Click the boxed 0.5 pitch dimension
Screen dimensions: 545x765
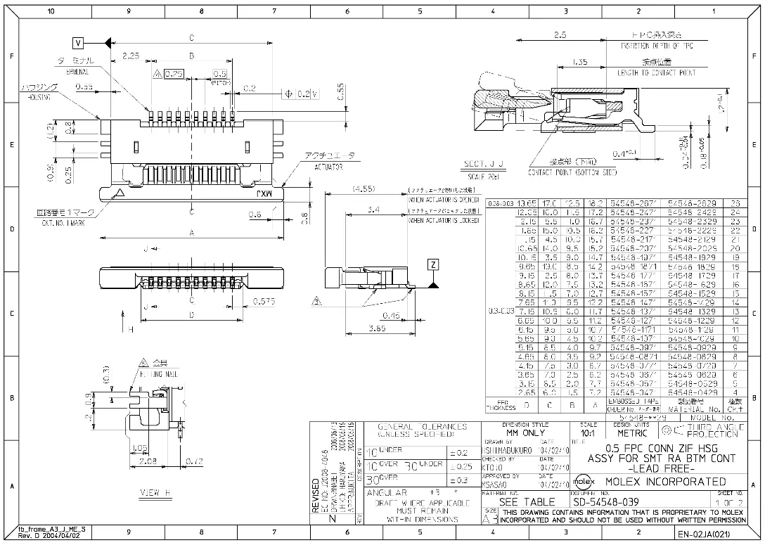pyautogui.click(x=219, y=73)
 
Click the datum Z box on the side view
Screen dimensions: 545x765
pyautogui.click(x=434, y=264)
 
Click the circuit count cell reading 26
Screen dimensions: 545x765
pyautogui.click(x=736, y=203)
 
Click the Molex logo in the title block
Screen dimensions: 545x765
pyautogui.click(x=583, y=481)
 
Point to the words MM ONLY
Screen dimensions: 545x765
pyautogui.click(x=532, y=432)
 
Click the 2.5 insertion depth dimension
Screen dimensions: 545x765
pyautogui.click(x=560, y=34)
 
